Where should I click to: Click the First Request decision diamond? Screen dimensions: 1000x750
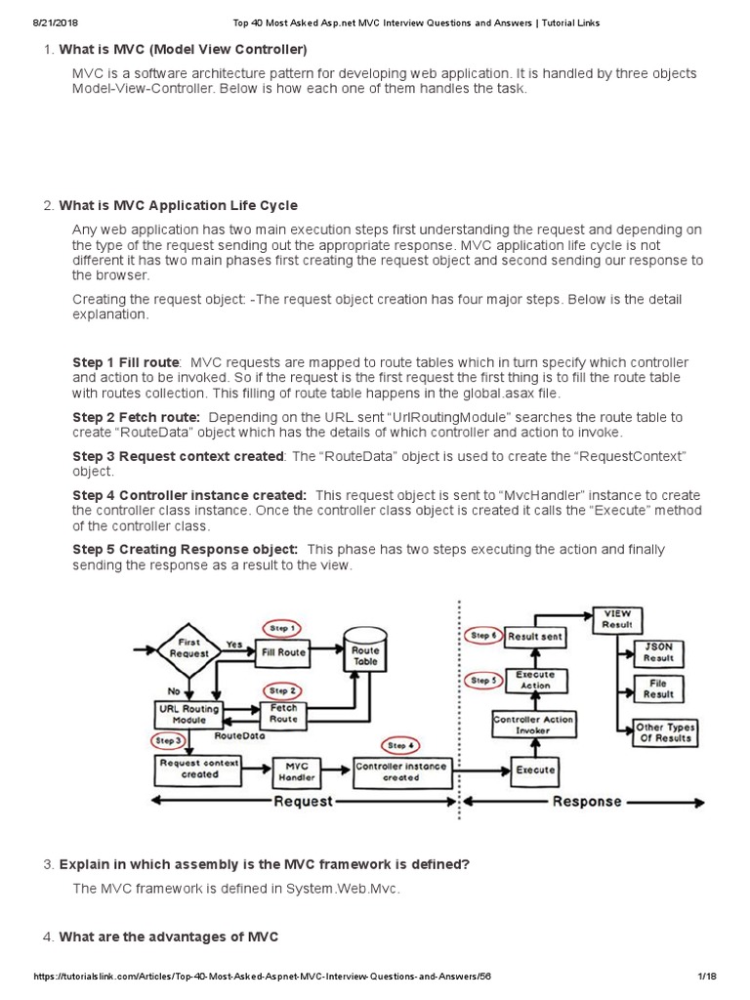[x=189, y=649]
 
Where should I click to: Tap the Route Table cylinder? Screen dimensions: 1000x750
[x=365, y=655]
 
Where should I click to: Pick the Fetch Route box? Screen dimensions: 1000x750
[x=283, y=713]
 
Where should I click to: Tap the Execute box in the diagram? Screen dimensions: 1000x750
[x=536, y=770]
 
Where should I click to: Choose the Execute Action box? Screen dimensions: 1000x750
[x=534, y=680]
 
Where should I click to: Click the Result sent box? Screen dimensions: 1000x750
[x=536, y=637]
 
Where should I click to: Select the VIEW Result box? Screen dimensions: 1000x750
[x=617, y=619]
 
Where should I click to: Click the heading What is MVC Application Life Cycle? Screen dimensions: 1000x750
[x=178, y=205]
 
